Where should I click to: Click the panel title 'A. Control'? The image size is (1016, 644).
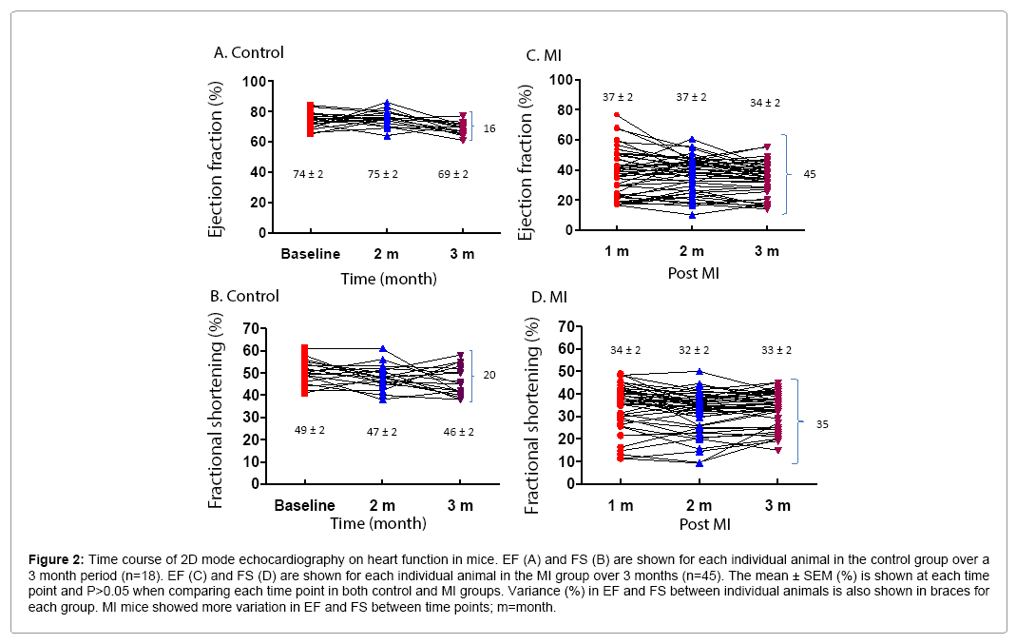coord(248,52)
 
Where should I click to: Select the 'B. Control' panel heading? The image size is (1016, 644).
coord(246,296)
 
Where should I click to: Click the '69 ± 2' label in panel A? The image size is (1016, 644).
coord(450,174)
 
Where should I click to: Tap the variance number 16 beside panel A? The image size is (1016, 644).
coord(489,127)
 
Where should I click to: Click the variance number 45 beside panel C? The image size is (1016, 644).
coord(810,174)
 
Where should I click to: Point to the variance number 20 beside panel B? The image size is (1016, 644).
coord(489,375)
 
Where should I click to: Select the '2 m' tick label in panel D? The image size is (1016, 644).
coord(699,505)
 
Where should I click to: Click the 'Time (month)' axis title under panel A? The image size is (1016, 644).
coord(390,279)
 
